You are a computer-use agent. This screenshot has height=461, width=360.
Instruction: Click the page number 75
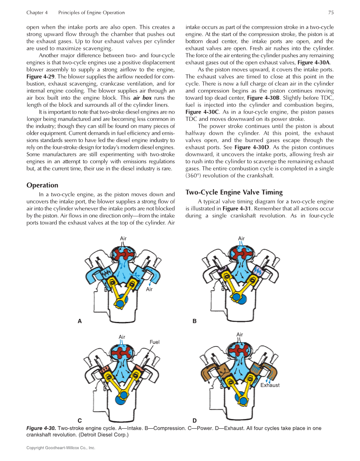click(331, 13)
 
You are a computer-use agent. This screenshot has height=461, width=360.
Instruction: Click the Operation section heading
click(42, 185)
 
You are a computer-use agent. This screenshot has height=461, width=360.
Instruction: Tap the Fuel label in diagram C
click(154, 342)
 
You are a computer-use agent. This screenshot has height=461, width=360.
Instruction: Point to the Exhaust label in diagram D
click(270, 385)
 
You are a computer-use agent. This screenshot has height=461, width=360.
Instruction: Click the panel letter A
click(80, 321)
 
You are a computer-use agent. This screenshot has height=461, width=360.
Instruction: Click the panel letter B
click(195, 321)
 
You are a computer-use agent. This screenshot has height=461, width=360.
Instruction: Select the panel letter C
click(80, 421)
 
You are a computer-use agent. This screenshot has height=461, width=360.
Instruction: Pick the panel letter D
click(195, 421)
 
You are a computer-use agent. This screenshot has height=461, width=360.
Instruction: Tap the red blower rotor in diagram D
click(240, 352)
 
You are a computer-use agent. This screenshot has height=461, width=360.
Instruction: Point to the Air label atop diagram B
click(241, 239)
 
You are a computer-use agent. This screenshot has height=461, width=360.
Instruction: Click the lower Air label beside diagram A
click(149, 289)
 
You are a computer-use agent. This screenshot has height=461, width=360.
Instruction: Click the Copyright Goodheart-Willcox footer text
click(61, 448)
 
